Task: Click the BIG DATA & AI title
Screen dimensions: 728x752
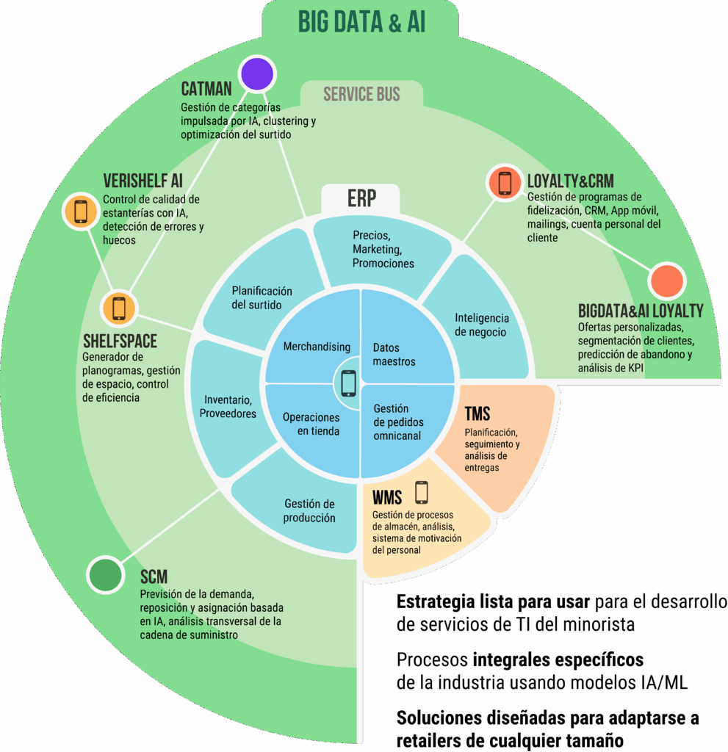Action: (362, 23)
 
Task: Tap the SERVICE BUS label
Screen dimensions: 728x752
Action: (361, 94)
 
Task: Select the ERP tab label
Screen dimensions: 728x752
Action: (361, 198)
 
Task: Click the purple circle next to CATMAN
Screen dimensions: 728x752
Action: (258, 74)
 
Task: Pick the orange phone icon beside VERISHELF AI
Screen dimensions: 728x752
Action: (81, 211)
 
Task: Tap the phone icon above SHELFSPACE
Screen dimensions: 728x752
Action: (119, 308)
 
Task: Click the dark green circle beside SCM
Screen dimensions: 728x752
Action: (106, 574)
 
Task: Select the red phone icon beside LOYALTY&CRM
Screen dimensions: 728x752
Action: (505, 183)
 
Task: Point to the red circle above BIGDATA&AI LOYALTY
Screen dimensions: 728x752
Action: (667, 281)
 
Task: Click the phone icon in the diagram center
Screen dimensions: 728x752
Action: (348, 383)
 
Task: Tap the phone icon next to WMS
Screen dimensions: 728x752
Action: (422, 493)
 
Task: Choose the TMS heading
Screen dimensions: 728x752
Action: (477, 413)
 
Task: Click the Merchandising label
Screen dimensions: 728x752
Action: (317, 347)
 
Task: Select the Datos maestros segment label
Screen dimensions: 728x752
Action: (394, 355)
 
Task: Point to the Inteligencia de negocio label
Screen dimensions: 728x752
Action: (482, 325)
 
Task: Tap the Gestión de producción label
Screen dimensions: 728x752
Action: (309, 511)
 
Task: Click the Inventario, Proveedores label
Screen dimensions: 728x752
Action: (228, 407)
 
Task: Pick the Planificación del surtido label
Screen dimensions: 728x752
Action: (262, 298)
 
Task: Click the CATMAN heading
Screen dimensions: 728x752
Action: (206, 89)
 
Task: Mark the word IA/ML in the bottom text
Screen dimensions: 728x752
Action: (663, 682)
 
